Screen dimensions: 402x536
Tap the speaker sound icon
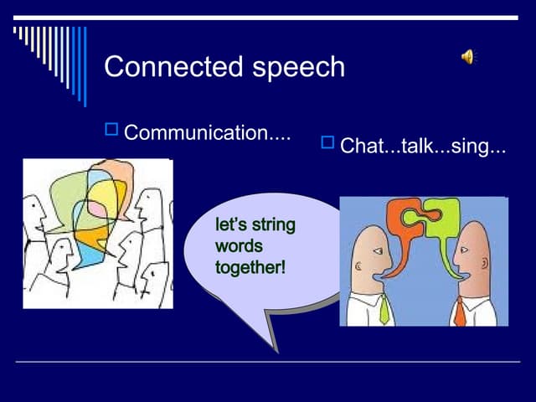click(467, 57)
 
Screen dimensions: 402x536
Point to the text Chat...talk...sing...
click(423, 147)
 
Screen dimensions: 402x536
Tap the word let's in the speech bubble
click(231, 225)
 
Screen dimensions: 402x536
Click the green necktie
click(384, 309)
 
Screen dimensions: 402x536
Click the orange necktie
click(460, 311)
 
